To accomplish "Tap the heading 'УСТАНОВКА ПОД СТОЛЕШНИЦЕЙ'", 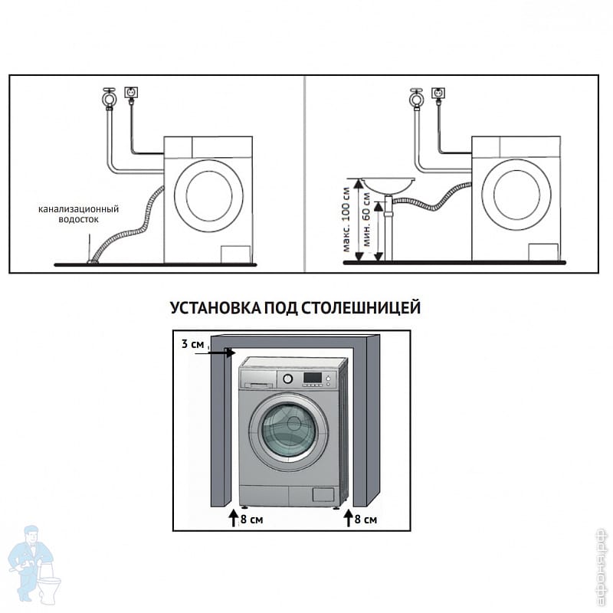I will coord(295,308).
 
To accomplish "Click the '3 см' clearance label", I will coord(193,345).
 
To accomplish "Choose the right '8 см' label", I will coord(365,520).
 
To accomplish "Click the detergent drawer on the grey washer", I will coord(257,379).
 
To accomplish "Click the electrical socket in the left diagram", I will coord(132,93).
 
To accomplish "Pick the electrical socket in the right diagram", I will coord(438,93).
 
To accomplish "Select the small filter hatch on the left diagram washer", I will coord(233,254).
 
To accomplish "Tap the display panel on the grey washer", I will coord(313,378).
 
